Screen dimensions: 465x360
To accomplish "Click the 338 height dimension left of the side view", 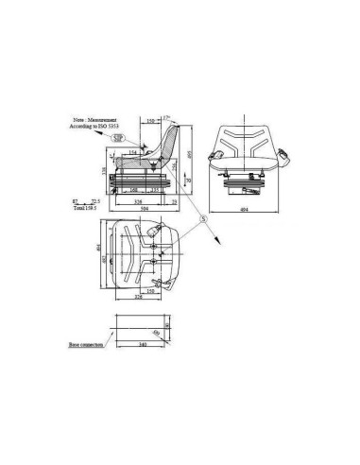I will click(x=103, y=170).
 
